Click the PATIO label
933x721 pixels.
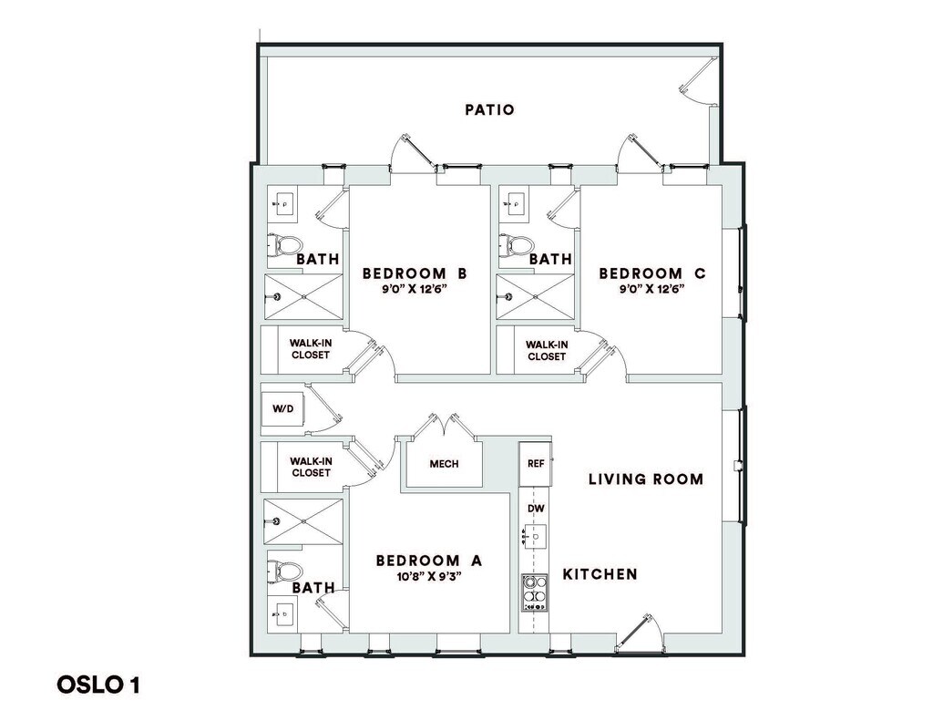(x=489, y=110)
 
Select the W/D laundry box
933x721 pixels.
(x=282, y=408)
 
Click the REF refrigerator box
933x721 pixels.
(x=535, y=463)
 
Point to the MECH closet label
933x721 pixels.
(x=444, y=464)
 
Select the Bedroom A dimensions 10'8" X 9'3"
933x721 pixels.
(x=428, y=577)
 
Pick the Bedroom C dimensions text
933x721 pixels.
(x=651, y=289)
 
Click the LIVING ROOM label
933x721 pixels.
(x=645, y=479)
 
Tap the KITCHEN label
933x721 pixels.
(x=600, y=574)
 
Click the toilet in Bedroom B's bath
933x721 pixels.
(x=287, y=244)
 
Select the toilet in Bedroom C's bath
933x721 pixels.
(x=520, y=244)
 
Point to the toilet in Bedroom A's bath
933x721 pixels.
(x=287, y=571)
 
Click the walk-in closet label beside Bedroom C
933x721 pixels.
(x=547, y=350)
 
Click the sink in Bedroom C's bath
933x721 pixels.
(x=516, y=203)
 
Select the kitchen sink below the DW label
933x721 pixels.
(x=535, y=537)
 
